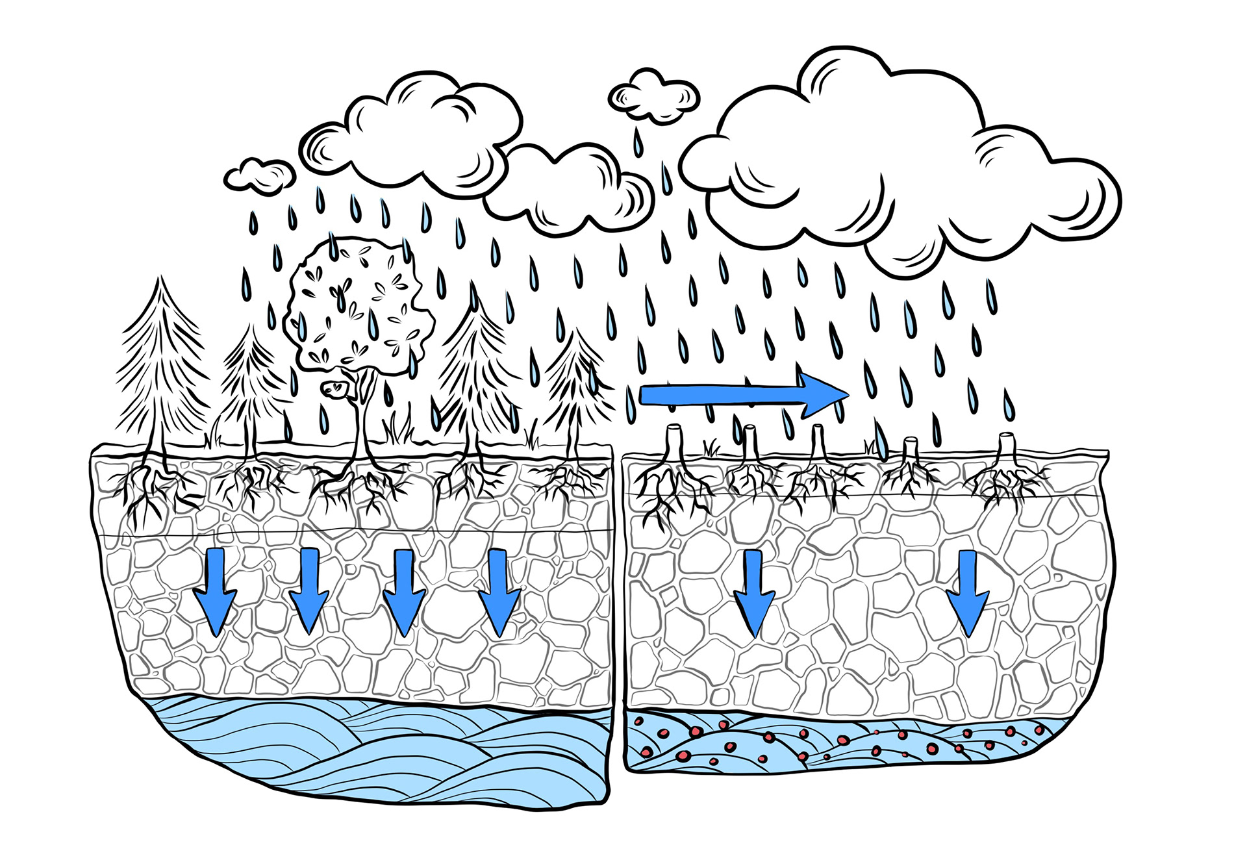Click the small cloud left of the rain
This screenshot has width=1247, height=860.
(258, 174)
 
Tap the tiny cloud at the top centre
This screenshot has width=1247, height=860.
(653, 96)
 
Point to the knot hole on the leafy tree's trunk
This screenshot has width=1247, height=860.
(336, 388)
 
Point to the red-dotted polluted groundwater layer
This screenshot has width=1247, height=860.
(844, 744)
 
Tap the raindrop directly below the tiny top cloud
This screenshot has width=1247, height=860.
(638, 143)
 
